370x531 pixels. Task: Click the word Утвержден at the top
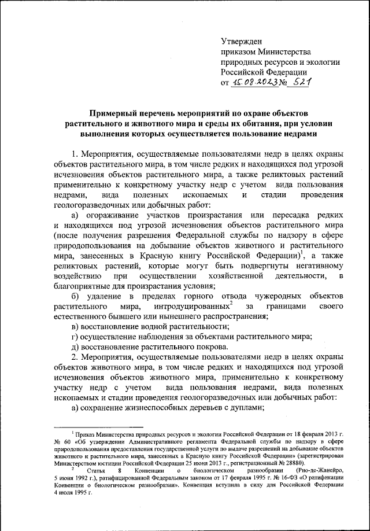point(242,41)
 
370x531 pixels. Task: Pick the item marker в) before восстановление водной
point(75,327)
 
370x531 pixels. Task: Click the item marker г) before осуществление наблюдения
point(75,337)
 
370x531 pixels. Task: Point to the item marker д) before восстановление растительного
point(75,348)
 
